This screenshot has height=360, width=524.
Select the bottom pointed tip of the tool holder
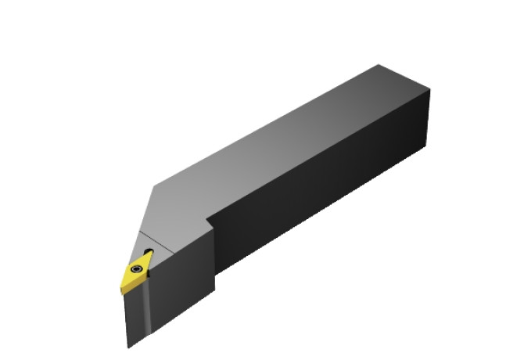tap(129, 347)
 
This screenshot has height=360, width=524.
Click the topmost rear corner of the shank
tap(379, 65)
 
